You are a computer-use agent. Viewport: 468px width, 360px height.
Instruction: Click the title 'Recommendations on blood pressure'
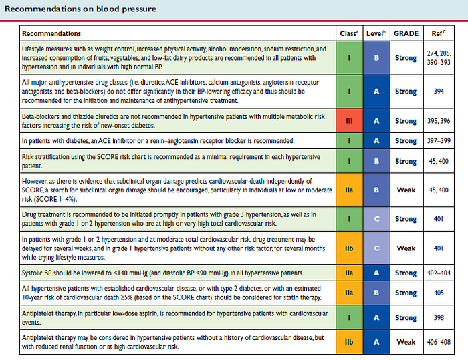click(80, 9)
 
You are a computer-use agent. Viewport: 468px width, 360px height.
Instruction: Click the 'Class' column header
click(349, 33)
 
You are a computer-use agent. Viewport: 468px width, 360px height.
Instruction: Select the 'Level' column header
click(376, 33)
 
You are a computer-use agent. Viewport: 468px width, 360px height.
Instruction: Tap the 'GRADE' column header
click(406, 33)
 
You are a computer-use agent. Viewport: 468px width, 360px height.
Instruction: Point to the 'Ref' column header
click(439, 33)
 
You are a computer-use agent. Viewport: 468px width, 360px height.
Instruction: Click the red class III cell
click(349, 120)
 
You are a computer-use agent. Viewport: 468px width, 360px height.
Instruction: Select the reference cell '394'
click(439, 92)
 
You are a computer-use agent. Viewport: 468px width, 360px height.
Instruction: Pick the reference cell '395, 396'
click(439, 121)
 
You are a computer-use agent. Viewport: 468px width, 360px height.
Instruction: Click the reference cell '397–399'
click(439, 140)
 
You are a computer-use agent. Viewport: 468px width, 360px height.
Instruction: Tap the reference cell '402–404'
click(439, 273)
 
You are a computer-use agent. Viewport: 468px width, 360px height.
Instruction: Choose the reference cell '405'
click(439, 293)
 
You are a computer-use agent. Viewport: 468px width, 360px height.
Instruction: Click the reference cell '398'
click(439, 317)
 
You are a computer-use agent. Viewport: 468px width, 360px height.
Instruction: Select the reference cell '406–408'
click(439, 342)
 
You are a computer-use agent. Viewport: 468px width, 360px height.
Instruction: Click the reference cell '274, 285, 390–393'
click(439, 58)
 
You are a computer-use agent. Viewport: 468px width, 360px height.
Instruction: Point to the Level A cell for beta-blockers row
click(376, 120)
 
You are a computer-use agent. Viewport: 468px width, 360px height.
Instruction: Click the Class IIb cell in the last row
click(349, 342)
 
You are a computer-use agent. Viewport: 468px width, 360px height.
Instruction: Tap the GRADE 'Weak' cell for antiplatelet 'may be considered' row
click(406, 342)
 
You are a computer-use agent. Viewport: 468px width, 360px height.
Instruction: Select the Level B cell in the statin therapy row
click(376, 293)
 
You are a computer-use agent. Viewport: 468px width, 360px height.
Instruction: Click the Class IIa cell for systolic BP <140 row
click(349, 273)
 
